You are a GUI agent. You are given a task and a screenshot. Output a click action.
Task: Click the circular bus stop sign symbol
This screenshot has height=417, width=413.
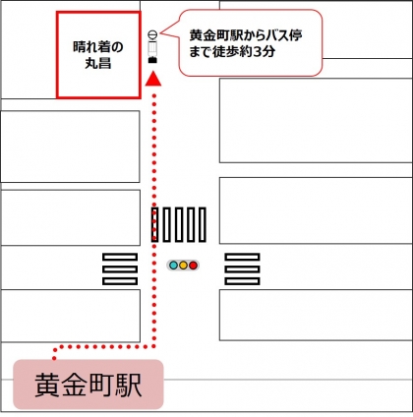point(152,34)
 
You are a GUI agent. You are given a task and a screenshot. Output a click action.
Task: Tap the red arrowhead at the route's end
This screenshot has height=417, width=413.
point(153,79)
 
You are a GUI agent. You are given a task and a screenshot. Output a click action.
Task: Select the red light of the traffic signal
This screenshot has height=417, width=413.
point(194,266)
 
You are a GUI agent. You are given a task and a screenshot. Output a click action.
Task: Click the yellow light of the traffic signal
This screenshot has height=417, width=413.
point(183,266)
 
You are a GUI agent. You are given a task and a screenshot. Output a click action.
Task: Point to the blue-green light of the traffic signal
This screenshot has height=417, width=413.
point(173,266)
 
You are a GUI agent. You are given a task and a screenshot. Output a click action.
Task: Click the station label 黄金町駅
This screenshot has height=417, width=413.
point(88,385)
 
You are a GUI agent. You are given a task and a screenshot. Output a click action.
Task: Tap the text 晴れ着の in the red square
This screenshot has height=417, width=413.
point(98,47)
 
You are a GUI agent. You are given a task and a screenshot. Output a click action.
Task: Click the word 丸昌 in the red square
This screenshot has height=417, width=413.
point(98,63)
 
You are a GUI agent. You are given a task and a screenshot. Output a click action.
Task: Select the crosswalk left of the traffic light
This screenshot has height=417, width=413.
point(120,268)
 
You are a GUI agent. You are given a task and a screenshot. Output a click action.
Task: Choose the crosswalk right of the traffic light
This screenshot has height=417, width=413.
point(242,268)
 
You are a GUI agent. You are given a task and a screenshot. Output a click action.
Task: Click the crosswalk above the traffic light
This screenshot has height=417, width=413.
point(179,224)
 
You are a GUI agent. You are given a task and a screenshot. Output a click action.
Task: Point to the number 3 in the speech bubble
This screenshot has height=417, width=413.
point(258,52)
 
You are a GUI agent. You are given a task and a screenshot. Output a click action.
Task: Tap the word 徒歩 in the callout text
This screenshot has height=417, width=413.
point(226,52)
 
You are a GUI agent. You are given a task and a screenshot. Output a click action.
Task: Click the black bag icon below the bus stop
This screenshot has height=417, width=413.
point(152,60)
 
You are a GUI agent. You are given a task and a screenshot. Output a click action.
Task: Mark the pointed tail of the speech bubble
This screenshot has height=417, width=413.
point(161,32)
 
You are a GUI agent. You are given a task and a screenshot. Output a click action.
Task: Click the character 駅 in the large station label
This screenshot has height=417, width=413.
point(129,385)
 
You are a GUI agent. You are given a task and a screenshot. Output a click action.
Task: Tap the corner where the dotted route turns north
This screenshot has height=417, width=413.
point(154,346)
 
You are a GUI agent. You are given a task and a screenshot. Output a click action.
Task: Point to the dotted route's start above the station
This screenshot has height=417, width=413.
point(54,358)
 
